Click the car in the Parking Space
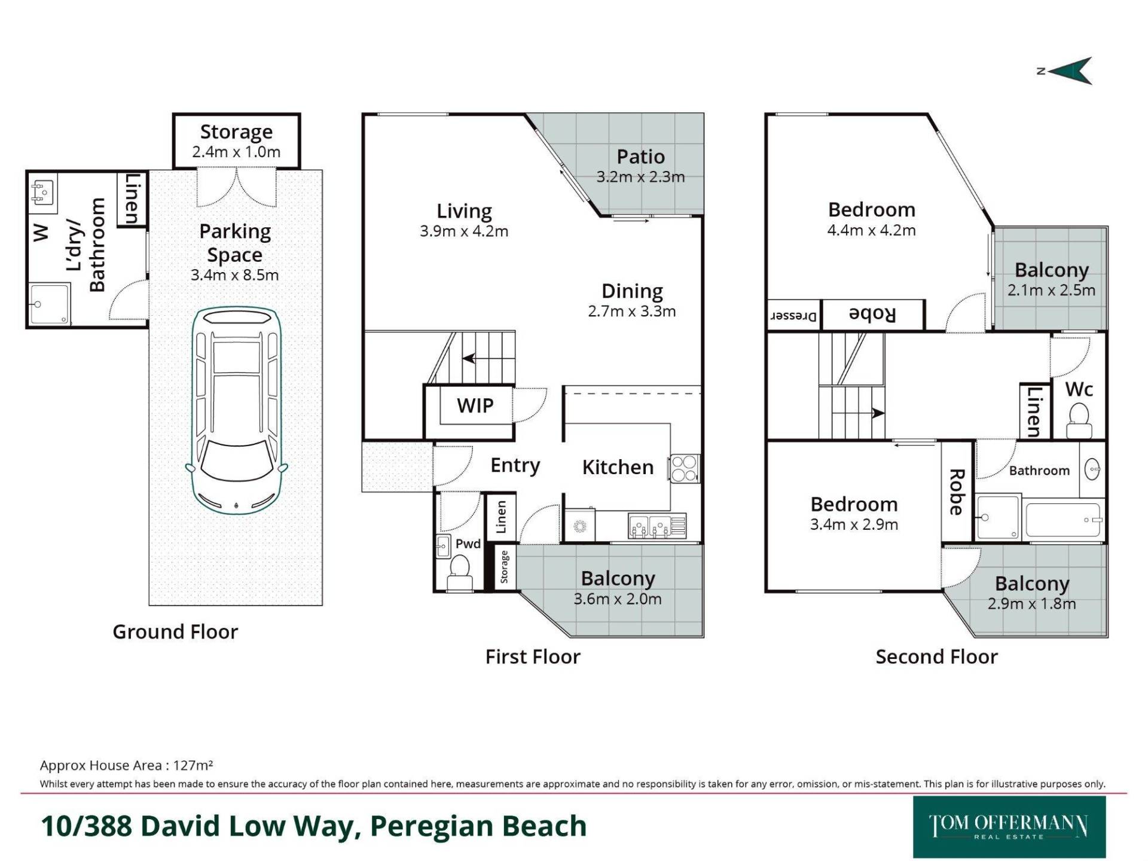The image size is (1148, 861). [236, 411]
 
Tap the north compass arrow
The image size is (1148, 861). [1070, 71]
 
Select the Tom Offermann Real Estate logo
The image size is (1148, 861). [1009, 827]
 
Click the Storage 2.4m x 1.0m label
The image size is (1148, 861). [236, 141]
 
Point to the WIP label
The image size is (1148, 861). [475, 405]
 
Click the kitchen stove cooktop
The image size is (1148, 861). [684, 468]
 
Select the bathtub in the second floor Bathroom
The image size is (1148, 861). [1062, 521]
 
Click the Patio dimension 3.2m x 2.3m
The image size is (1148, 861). [640, 177]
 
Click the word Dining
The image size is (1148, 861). [632, 291]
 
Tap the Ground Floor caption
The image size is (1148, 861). [175, 631]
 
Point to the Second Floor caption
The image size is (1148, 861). [936, 657]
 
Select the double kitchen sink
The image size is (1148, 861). [649, 526]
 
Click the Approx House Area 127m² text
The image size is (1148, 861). [127, 765]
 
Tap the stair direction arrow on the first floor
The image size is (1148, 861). [469, 359]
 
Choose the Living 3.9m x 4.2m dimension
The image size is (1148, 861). [464, 231]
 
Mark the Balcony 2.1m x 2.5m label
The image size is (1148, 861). [1051, 280]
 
